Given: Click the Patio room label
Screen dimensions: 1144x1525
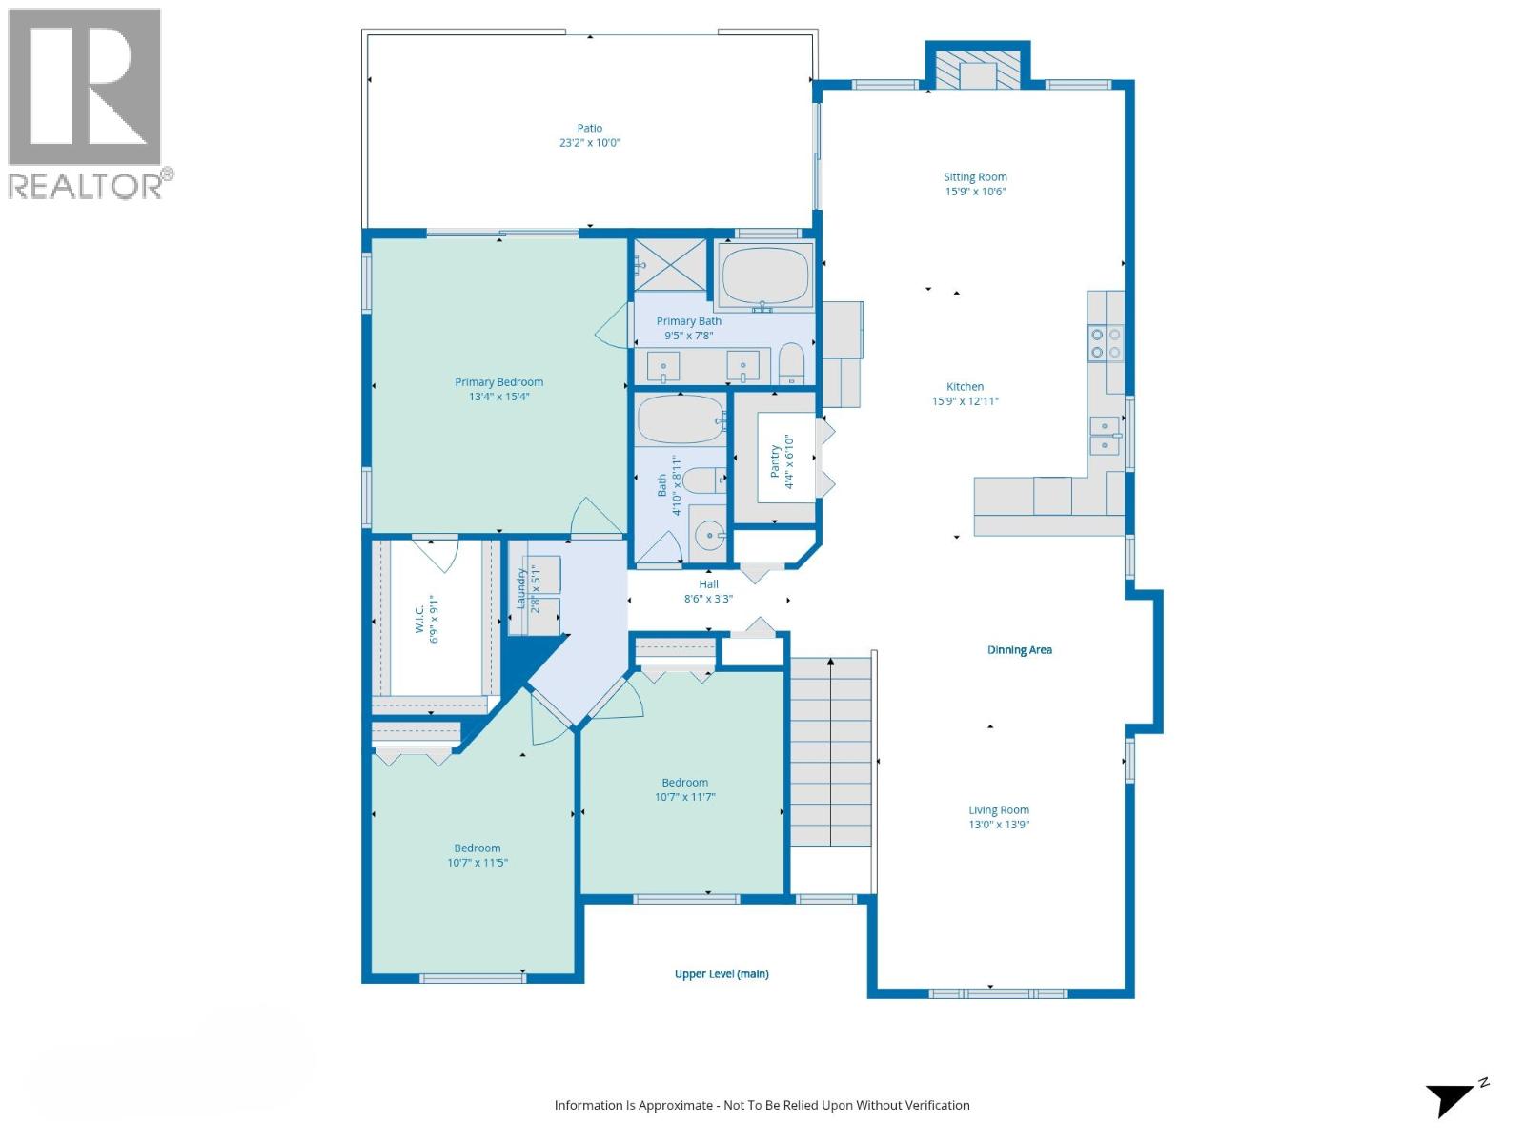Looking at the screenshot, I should pos(589,128).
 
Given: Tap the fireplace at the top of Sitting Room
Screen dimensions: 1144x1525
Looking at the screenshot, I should pos(977,70).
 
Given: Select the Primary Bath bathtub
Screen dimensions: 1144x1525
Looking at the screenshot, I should pos(764,275).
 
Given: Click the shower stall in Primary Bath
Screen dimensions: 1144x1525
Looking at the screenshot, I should pos(669,264).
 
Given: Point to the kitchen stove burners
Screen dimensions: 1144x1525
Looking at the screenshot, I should pos(1106,343).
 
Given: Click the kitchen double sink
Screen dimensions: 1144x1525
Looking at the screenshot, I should pos(1105,436).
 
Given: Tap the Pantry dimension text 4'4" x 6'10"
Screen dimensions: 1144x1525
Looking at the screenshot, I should pos(789,462).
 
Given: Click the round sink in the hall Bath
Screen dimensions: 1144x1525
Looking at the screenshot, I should pos(708,537).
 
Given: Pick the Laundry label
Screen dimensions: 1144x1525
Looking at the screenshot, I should pos(521,589).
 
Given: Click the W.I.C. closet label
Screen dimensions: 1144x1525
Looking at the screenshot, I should pos(419,620).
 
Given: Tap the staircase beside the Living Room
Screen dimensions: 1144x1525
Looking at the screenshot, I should pos(830,753).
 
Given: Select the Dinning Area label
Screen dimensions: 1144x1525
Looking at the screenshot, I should pos(1019,650).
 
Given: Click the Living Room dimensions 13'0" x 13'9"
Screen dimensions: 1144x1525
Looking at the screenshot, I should pos(999,825).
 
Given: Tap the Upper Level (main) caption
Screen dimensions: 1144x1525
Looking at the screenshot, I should pos(722,974).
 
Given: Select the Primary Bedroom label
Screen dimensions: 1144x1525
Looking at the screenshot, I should pos(498,382).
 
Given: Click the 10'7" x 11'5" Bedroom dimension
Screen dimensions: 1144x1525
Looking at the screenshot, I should pos(478,863).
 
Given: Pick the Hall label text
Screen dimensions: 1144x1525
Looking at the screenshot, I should pos(708,584).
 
